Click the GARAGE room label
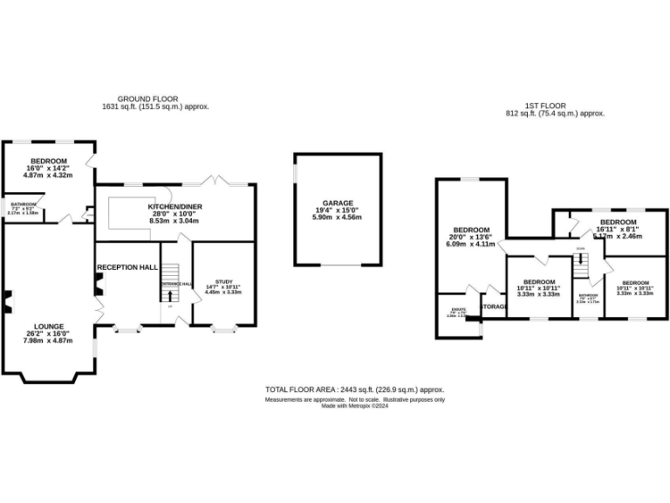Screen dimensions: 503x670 click(x=338, y=203)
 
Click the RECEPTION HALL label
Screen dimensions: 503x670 click(x=127, y=266)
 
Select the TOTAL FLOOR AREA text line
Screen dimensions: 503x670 click(x=355, y=389)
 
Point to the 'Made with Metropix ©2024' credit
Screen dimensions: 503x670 click(x=355, y=405)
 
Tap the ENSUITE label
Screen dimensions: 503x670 click(x=458, y=309)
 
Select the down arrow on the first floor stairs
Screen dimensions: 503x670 click(x=580, y=259)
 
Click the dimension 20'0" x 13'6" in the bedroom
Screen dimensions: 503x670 click(x=472, y=237)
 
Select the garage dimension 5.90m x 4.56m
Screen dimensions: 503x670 click(x=338, y=217)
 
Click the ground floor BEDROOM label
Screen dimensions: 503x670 click(x=49, y=162)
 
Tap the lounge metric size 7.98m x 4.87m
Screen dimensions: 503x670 click(x=48, y=341)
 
